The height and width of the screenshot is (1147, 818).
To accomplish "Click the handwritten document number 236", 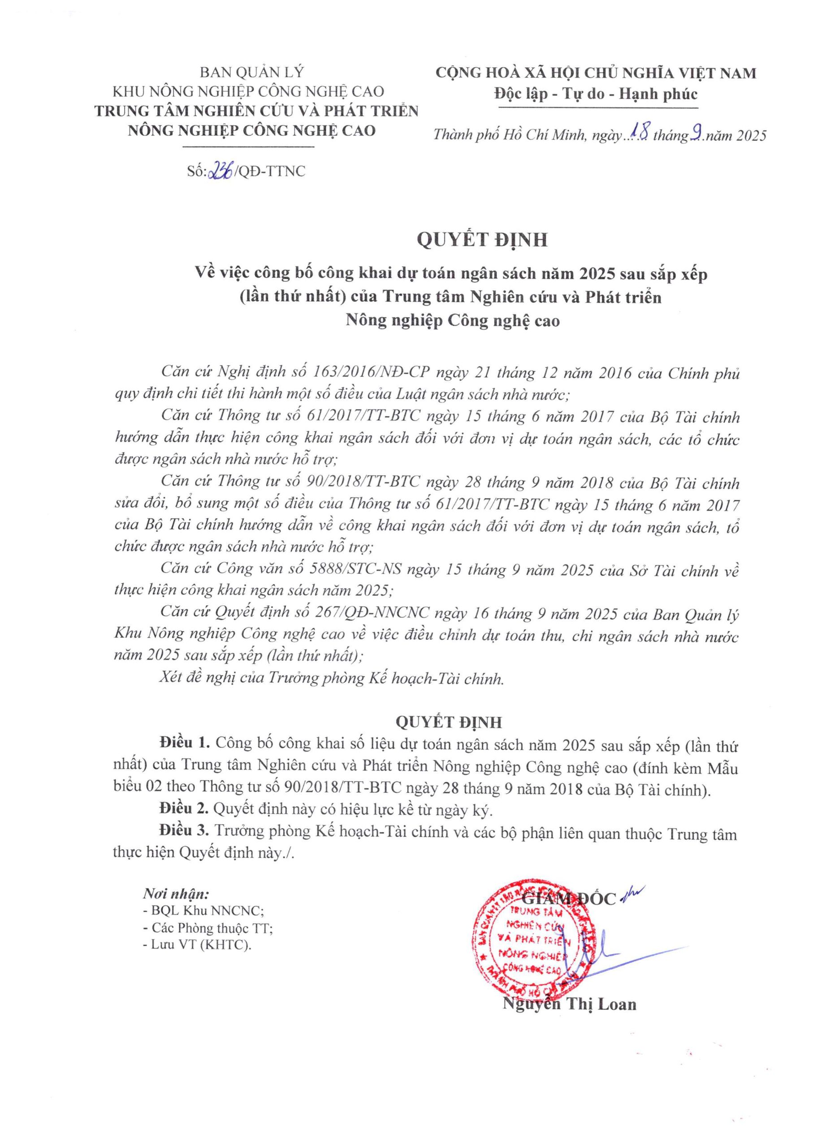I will click(223, 172).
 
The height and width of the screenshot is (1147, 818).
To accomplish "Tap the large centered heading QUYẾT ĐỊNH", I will click(482, 240).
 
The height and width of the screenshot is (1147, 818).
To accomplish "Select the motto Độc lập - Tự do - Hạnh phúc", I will click(595, 94).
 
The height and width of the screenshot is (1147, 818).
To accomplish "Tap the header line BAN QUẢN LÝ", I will click(252, 73).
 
